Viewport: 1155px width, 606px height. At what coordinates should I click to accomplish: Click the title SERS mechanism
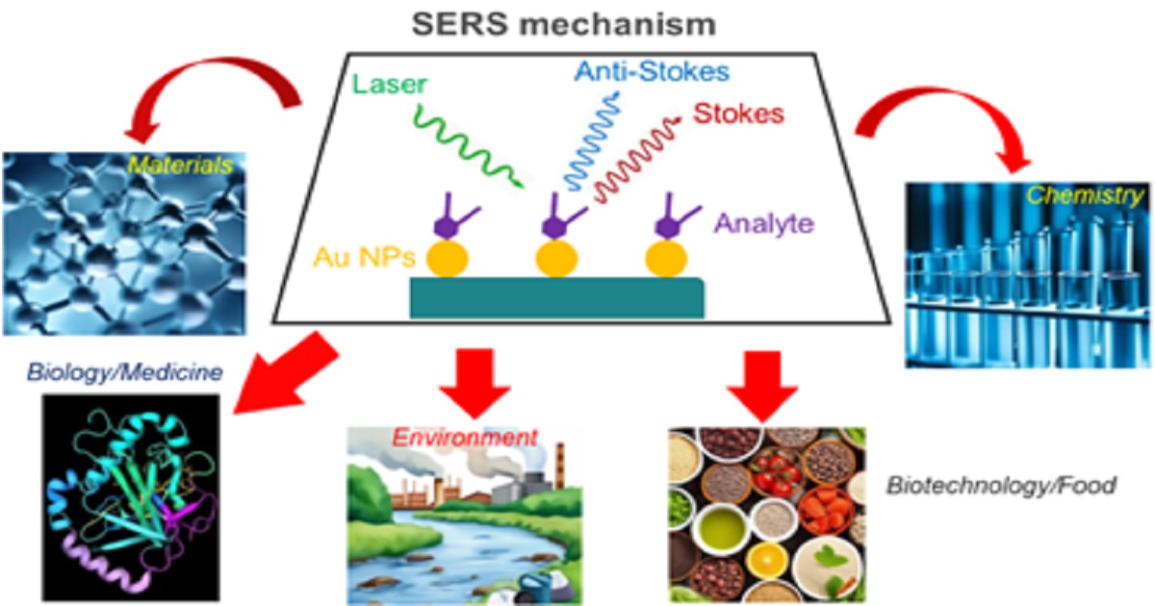tap(577, 22)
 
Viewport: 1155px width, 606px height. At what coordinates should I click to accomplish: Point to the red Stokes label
tap(739, 113)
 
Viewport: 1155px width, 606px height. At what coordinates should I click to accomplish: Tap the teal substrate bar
tap(556, 297)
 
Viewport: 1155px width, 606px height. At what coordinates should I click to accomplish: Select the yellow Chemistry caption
tap(1085, 196)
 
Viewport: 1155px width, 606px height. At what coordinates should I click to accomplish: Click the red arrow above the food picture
tap(761, 385)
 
